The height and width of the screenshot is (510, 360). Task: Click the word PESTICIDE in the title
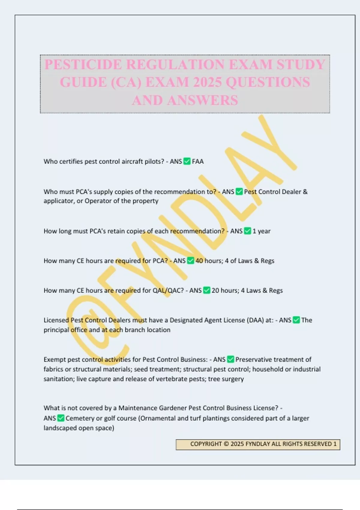click(x=83, y=64)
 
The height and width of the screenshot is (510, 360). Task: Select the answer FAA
click(x=198, y=161)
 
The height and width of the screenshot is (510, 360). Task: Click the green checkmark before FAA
click(x=187, y=161)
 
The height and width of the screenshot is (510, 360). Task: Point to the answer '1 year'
click(x=261, y=231)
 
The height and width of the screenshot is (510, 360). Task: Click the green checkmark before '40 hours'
click(x=190, y=261)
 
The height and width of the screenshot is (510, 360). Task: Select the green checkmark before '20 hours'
click(x=207, y=290)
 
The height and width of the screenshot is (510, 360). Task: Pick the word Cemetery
click(x=79, y=418)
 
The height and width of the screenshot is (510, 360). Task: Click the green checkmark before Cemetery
click(x=61, y=418)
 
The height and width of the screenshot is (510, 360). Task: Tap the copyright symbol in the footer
click(x=226, y=444)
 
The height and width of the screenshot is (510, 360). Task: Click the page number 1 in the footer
click(x=335, y=444)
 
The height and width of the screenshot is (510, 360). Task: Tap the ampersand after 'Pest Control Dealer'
click(x=305, y=192)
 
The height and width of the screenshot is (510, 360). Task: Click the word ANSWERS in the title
click(x=203, y=100)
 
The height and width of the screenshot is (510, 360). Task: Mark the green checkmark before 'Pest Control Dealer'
click(x=239, y=192)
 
